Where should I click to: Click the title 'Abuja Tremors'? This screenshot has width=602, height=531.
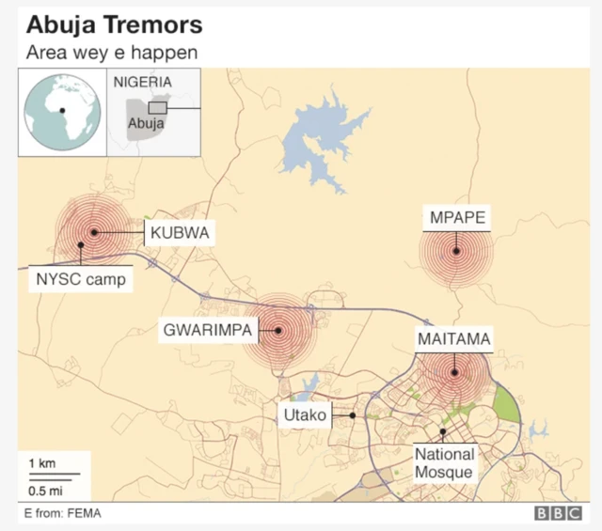click(114, 23)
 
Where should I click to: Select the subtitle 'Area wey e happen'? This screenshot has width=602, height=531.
click(112, 53)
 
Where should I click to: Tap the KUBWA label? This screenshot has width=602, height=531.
click(179, 232)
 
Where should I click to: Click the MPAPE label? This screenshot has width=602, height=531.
click(457, 219)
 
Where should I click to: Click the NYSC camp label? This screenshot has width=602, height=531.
click(80, 279)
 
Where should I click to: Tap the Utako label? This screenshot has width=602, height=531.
click(304, 414)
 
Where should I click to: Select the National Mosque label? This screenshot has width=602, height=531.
click(445, 463)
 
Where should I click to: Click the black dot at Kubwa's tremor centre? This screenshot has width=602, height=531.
click(94, 232)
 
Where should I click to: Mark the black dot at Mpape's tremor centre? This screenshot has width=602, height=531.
click(455, 251)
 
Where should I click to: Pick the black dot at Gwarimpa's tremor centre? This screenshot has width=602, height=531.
click(278, 330)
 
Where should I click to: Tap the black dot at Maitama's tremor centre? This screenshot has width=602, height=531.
click(453, 372)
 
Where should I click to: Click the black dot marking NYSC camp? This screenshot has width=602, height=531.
click(81, 246)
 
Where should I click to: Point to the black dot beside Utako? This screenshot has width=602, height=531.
click(352, 414)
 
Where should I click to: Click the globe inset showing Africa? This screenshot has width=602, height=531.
click(62, 112)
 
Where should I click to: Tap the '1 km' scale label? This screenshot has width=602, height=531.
click(40, 463)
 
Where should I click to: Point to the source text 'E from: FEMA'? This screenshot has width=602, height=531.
click(63, 513)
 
